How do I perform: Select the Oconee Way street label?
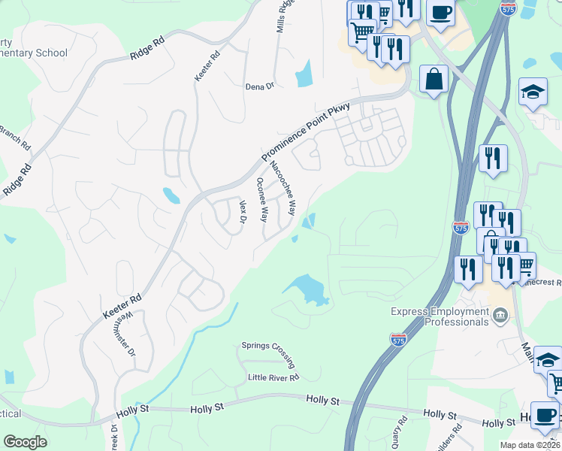pyautogui.click(x=262, y=199)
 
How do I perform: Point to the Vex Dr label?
pyautogui.click(x=243, y=211)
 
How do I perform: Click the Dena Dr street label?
pyautogui.click(x=260, y=86)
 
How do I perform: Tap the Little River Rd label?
pyautogui.click(x=273, y=377)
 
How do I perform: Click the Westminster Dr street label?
pyautogui.click(x=125, y=333)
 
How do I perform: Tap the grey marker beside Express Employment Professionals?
pyautogui.click(x=499, y=314)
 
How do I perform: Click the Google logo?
pyautogui.click(x=25, y=441)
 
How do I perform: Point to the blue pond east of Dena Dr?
pyautogui.click(x=304, y=73)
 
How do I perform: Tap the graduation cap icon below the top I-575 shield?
pyautogui.click(x=533, y=92)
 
